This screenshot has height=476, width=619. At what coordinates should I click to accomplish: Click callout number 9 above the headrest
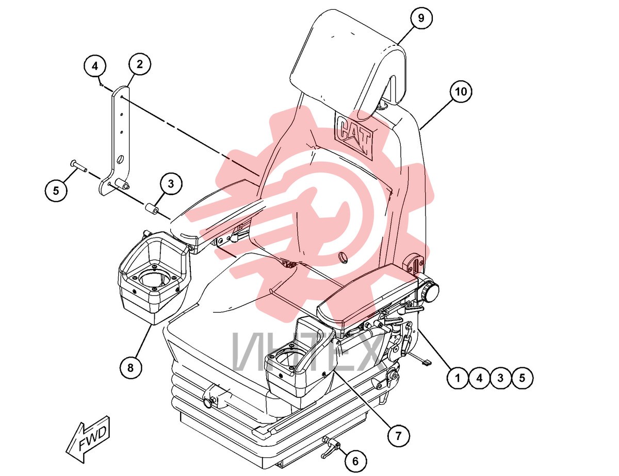coord(420,18)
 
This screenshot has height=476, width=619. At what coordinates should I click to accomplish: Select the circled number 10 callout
coord(461,91)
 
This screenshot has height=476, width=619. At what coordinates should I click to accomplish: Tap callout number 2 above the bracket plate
coord(139,64)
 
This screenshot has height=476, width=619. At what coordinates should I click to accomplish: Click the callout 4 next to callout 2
coord(95,66)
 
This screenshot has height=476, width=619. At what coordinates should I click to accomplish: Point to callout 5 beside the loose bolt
coord(56,190)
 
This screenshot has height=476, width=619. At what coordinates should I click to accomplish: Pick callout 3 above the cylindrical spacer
coord(171,184)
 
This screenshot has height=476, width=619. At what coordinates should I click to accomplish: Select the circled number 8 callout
coord(131,368)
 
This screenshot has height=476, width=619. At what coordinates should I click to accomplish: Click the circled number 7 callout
coord(398,435)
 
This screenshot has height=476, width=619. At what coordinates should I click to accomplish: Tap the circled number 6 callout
coord(355,461)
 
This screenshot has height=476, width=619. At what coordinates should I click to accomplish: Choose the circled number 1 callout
coord(458,378)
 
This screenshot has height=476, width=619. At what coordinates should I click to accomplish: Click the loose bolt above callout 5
coord(78,166)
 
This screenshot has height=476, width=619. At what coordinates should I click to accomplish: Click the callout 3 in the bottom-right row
coord(500,378)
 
